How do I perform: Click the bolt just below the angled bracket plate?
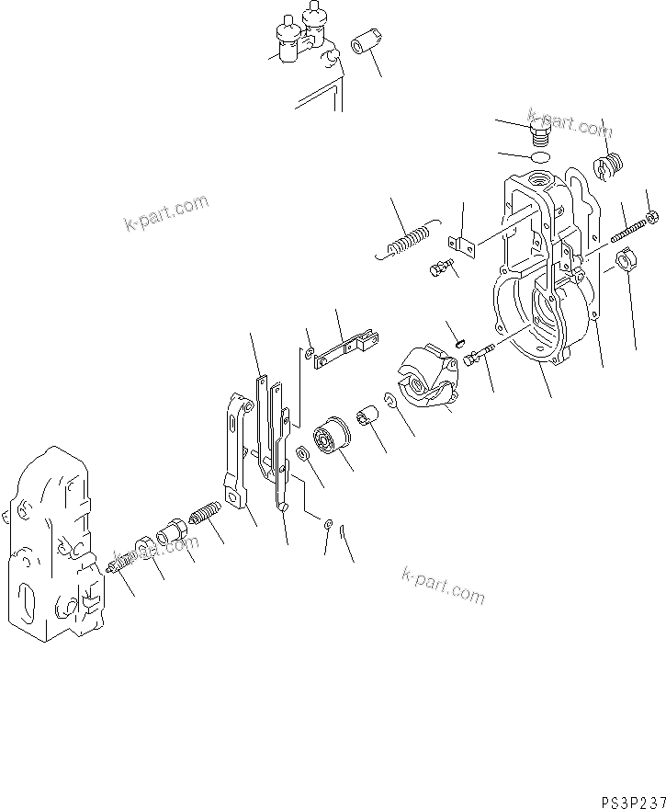tap(440, 268)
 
